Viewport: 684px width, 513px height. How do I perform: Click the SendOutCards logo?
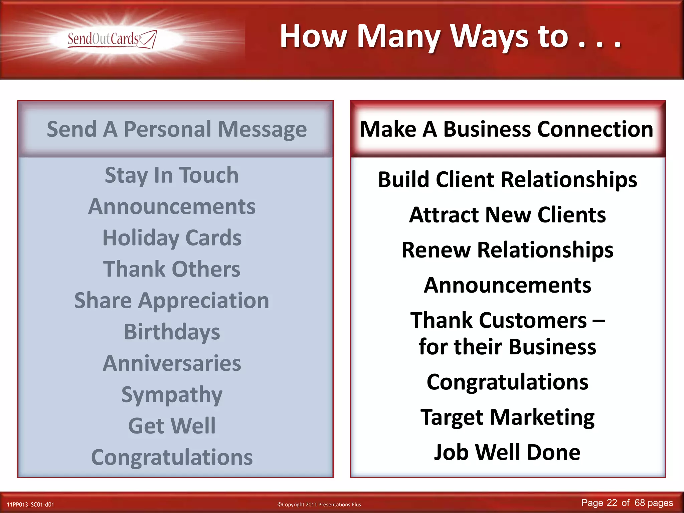[112, 39]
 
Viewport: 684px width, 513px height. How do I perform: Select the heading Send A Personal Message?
[176, 129]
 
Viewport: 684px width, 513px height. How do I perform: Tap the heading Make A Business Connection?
[506, 129]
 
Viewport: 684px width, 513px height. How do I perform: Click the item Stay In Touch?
[172, 175]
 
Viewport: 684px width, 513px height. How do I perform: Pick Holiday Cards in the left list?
[172, 238]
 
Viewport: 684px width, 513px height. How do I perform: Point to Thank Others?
[172, 269]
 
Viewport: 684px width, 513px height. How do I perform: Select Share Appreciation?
[172, 301]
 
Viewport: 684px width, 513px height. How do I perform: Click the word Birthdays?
[172, 332]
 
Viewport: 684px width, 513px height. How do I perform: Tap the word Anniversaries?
[172, 363]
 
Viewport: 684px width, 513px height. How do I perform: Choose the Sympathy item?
[172, 394]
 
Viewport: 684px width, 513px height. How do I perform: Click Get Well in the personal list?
[172, 426]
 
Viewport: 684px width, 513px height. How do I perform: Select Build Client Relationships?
[507, 180]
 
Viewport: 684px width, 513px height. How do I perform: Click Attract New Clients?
[507, 215]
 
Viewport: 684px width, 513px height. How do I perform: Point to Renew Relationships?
[507, 250]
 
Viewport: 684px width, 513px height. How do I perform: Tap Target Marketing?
[507, 417]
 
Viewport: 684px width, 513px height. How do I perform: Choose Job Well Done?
[507, 452]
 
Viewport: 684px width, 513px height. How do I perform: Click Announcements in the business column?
[507, 285]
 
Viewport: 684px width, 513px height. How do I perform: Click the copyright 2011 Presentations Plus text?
[319, 504]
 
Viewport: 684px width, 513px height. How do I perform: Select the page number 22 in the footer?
[612, 503]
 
